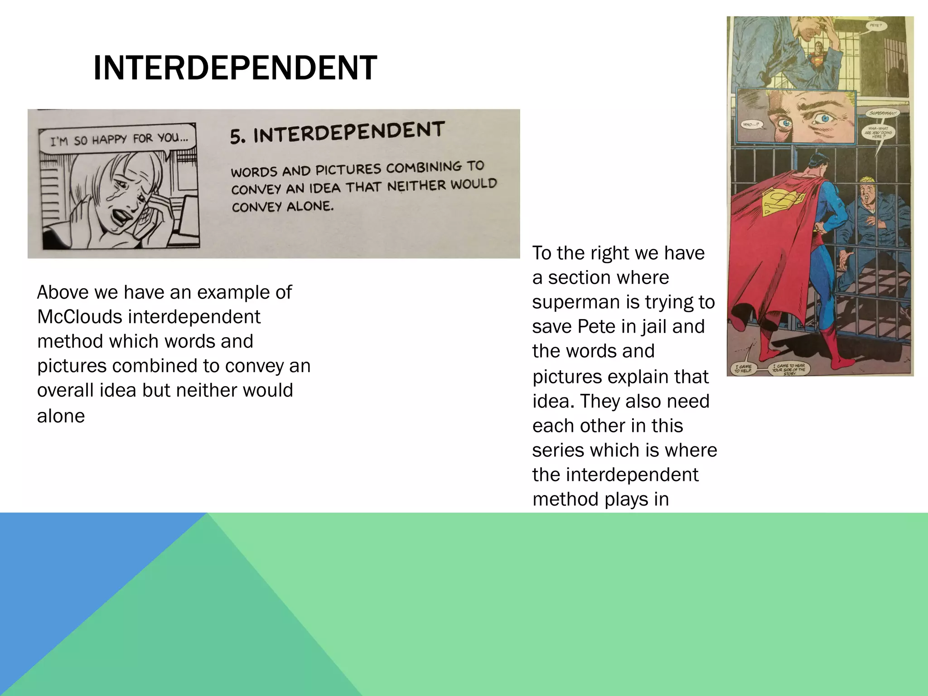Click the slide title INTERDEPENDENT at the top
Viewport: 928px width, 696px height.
click(235, 68)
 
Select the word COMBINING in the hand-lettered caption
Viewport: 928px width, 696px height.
click(422, 168)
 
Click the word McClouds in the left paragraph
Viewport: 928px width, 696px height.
click(79, 317)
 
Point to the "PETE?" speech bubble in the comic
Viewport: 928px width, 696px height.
click(875, 26)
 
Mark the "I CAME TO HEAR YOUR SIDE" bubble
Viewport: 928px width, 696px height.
click(789, 369)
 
